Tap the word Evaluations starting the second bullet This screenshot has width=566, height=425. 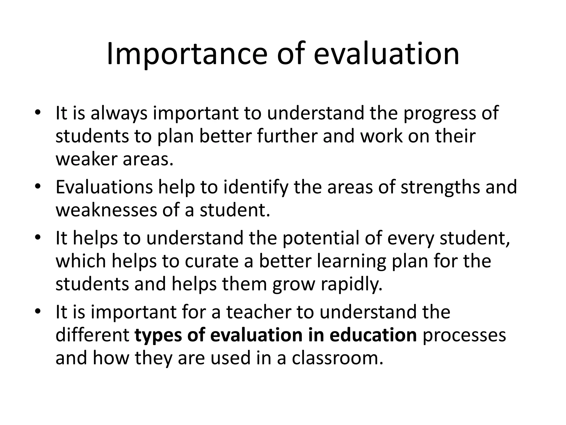[x=104, y=187]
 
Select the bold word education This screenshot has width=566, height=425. [x=373, y=335]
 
